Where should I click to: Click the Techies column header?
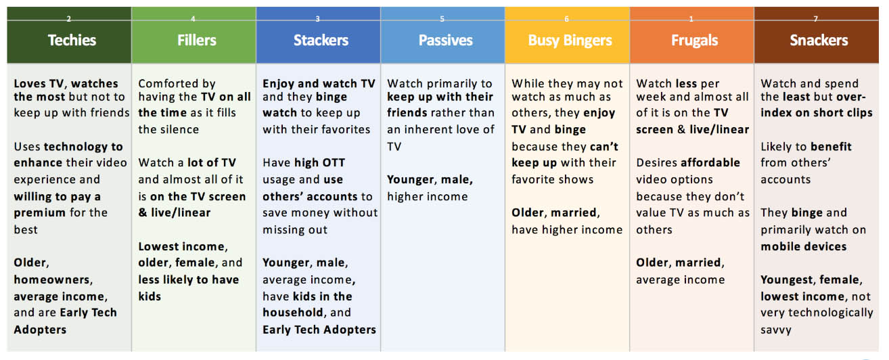pyautogui.click(x=72, y=40)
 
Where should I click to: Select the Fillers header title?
pyautogui.click(x=196, y=40)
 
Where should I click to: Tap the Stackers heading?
pyautogui.click(x=321, y=40)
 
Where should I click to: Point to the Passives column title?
pyautogui.click(x=445, y=40)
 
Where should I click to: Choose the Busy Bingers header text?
pyautogui.click(x=570, y=41)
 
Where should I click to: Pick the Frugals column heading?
pyautogui.click(x=695, y=41)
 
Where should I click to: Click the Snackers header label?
pyautogui.click(x=819, y=40)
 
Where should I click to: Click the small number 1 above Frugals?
pyautogui.click(x=691, y=19)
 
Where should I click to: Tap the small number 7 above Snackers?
pyautogui.click(x=815, y=19)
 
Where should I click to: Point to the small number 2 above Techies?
pyautogui.click(x=68, y=19)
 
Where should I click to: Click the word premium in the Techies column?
pyautogui.click(x=40, y=213)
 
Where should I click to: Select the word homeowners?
pyautogui.click(x=53, y=279)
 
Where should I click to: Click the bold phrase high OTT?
pyautogui.click(x=319, y=162)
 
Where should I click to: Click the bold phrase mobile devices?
pyautogui.click(x=804, y=246)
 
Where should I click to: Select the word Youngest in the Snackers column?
pyautogui.click(x=788, y=280)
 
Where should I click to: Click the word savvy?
pyautogui.click(x=776, y=330)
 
